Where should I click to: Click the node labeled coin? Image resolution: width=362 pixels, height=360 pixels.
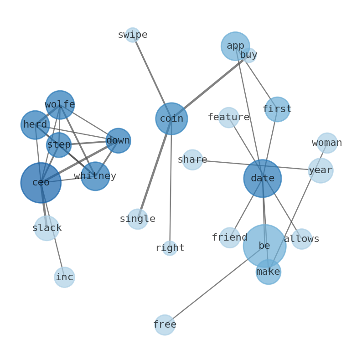pyautogui.click(x=171, y=118)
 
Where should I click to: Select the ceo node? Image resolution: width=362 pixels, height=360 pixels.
pyautogui.click(x=41, y=183)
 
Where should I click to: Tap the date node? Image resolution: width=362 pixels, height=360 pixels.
pyautogui.click(x=262, y=178)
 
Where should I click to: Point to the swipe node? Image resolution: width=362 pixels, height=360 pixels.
pyautogui.click(x=133, y=35)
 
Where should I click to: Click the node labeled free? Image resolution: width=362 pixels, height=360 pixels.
pyautogui.click(x=165, y=325)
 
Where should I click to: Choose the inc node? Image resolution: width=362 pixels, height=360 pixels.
pyautogui.click(x=64, y=277)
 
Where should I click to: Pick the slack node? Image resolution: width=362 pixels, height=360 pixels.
pyautogui.click(x=47, y=228)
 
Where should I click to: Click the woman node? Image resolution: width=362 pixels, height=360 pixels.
pyautogui.click(x=327, y=143)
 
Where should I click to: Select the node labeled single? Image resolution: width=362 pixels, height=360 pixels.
pyautogui.click(x=137, y=219)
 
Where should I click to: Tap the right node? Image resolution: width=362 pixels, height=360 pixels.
pyautogui.click(x=170, y=248)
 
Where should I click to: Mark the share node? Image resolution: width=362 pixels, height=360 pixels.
pyautogui.click(x=192, y=160)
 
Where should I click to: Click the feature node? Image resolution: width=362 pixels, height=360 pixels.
pyautogui.click(x=228, y=118)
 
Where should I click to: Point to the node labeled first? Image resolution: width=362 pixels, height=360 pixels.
pyautogui.click(x=277, y=109)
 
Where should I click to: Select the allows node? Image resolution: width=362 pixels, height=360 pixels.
pyautogui.click(x=301, y=239)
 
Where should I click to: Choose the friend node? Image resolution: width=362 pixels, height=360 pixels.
pyautogui.click(x=230, y=238)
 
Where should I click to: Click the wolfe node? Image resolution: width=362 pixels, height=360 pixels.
pyautogui.click(x=60, y=105)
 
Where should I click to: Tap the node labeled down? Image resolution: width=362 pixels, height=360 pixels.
pyautogui.click(x=118, y=140)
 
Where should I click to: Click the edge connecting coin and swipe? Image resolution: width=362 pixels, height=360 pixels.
pyautogui.click(x=152, y=77)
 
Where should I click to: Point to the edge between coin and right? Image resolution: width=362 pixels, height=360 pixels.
pyautogui.click(x=171, y=182)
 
